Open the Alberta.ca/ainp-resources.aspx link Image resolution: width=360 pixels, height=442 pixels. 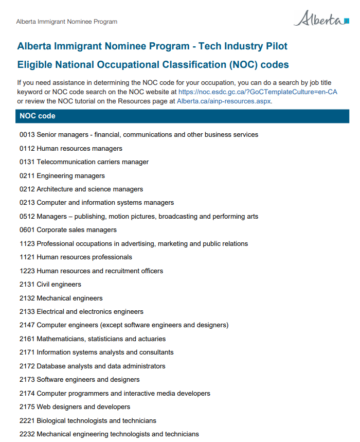pos(224,101)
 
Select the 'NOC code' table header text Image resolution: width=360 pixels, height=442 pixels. pos(38,116)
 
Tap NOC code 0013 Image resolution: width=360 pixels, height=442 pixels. pos(27,135)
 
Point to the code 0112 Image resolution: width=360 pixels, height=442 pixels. pos(27,149)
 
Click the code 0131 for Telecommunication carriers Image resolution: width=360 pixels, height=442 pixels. pos(27,162)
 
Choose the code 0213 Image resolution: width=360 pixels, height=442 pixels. pos(27,203)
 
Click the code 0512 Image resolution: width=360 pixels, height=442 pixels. pos(27,217)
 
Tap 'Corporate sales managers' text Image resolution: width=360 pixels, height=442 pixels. pos(77,230)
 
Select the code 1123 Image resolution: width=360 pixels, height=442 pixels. pos(27,244)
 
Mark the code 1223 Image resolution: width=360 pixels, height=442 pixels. pos(27,271)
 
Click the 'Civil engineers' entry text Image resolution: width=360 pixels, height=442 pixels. pos(59,285)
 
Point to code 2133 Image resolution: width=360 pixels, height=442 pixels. pos(27,312)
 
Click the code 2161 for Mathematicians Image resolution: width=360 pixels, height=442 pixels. pos(27,339)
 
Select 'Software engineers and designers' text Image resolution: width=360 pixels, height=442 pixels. pos(88,380)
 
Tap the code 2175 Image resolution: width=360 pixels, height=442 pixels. pos(27,407)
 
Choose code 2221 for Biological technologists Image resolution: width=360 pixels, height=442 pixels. pos(27,421)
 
